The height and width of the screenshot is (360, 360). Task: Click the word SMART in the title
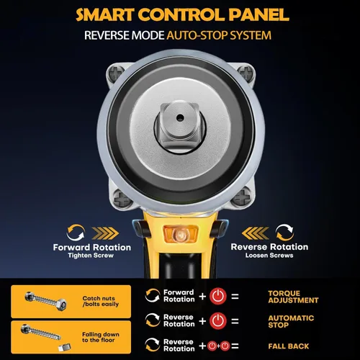coord(105,15)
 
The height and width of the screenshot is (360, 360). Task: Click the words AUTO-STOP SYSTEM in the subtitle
coord(219,35)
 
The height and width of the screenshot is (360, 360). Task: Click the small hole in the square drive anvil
coord(180,118)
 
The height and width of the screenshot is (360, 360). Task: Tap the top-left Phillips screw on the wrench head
coord(116,72)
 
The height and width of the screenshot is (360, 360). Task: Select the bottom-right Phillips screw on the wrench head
coord(243,197)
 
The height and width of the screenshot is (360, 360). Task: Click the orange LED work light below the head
coord(180,233)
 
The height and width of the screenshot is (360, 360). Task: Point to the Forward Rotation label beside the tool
coord(92,247)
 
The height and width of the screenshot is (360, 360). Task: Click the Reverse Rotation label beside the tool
coord(269,247)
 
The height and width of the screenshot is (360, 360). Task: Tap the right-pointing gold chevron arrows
coord(105,233)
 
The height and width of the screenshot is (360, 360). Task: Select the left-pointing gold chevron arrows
coord(256,233)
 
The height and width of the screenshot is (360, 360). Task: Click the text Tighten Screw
coord(91,256)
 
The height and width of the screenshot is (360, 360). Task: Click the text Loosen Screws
coord(269,255)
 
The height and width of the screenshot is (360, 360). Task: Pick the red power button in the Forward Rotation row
coord(218,296)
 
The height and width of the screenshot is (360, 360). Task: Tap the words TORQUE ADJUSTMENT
coord(293,297)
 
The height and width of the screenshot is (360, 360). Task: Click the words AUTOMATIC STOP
coord(291,322)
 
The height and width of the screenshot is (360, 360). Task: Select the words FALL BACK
coord(289,346)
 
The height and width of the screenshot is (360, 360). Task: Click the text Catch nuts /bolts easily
coord(101,301)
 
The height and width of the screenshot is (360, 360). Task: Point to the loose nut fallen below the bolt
coord(65,347)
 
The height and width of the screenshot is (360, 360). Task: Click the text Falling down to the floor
coord(101,337)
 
